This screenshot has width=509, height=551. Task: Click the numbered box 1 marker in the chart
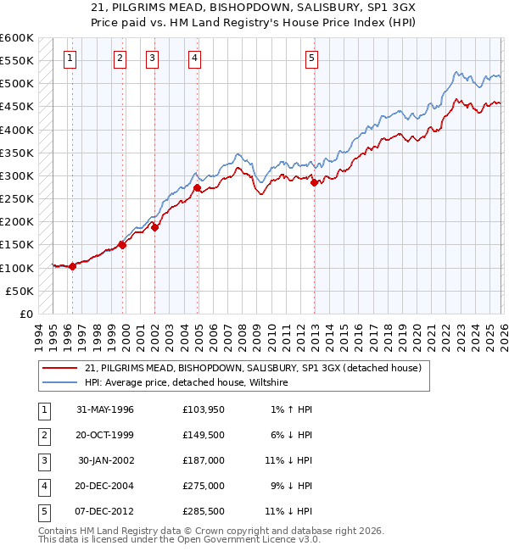tap(69, 58)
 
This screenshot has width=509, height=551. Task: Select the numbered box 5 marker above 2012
tap(312, 58)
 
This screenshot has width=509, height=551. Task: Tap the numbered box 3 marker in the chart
tap(151, 58)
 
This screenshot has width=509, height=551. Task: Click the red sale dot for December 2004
tap(197, 188)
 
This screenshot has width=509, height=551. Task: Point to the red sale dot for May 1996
tap(72, 266)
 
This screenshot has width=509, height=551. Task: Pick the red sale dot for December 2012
tap(314, 182)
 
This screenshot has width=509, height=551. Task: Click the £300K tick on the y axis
tap(17, 176)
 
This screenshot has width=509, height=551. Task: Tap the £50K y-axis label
tap(20, 291)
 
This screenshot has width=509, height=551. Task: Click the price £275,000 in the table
tap(204, 487)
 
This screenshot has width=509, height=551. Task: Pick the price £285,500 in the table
tap(204, 512)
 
